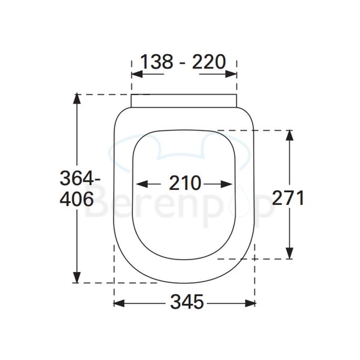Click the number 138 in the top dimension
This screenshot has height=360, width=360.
(x=156, y=61)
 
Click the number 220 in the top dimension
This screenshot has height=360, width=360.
(x=209, y=61)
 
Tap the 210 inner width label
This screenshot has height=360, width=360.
(x=185, y=184)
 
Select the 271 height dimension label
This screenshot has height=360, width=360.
(x=288, y=198)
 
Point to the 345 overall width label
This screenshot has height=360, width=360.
(x=187, y=303)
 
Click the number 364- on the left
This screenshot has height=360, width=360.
(x=79, y=179)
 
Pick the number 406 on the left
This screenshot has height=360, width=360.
(x=77, y=199)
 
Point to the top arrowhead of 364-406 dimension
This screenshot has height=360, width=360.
(x=77, y=98)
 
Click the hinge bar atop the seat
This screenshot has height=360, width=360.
(x=183, y=100)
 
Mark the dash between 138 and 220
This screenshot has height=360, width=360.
(x=182, y=63)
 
